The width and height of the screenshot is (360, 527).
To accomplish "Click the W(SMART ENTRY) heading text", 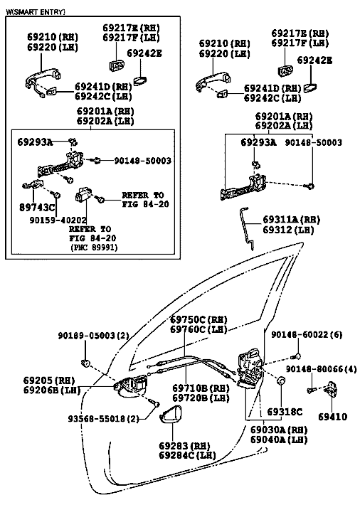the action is pos(36,12).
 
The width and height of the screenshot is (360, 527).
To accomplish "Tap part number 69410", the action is pos(332,417).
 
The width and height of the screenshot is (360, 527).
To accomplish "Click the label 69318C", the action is pos(285,412).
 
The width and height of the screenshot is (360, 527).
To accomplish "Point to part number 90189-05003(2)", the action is pos(93,336).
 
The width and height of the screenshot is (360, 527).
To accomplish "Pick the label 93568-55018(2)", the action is pos(104,419).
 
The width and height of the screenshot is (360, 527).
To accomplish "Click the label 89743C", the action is pos(36,208).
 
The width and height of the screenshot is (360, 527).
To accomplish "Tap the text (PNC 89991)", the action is pos(94,247).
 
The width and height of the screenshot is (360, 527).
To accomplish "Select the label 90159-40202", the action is pos(58,220).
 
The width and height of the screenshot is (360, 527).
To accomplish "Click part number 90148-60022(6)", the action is pos(307,335).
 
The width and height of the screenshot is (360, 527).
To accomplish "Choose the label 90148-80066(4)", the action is pos(321,369).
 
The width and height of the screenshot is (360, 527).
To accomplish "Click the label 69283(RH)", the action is pos(184,446).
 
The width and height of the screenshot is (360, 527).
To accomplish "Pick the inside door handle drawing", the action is pos(131,385).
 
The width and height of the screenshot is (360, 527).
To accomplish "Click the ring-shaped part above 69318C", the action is pos(280,380).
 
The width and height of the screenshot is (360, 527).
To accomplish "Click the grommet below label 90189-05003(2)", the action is pos(85,363).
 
